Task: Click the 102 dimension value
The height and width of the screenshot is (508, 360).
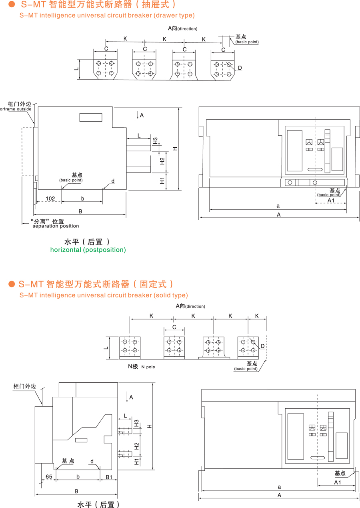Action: pos(50,199)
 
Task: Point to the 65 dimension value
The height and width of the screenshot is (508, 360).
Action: pos(49,476)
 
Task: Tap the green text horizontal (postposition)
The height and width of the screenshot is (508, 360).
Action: pos(88,250)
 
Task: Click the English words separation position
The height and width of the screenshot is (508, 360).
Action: pos(56,226)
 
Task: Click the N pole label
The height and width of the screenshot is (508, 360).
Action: pos(148,367)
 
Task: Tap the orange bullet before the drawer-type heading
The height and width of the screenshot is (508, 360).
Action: pos(12,5)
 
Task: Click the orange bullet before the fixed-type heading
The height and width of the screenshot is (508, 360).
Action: pos(12,284)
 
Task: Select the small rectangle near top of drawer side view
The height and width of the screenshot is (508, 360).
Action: pos(91,117)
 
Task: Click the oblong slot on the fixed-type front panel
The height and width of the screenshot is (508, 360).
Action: pos(318,457)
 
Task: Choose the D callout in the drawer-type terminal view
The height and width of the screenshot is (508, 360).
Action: pos(240,68)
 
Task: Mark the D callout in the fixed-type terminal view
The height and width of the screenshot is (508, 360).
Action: pos(263,346)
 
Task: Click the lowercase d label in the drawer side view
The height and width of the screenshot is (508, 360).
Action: pos(113,181)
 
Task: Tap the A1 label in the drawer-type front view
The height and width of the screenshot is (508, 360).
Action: pos(331,200)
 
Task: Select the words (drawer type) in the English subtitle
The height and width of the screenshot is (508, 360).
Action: pos(174,16)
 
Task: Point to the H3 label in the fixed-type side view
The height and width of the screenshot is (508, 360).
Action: pos(137,424)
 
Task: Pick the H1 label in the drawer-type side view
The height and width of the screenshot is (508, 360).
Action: pos(162,181)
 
